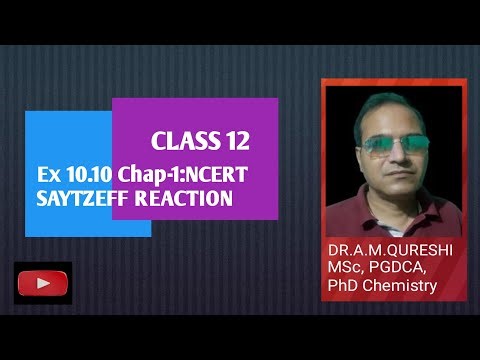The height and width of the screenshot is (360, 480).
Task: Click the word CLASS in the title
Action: [181, 140]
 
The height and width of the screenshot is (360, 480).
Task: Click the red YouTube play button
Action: [43, 284]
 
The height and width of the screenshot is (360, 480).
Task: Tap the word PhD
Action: [347, 287]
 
